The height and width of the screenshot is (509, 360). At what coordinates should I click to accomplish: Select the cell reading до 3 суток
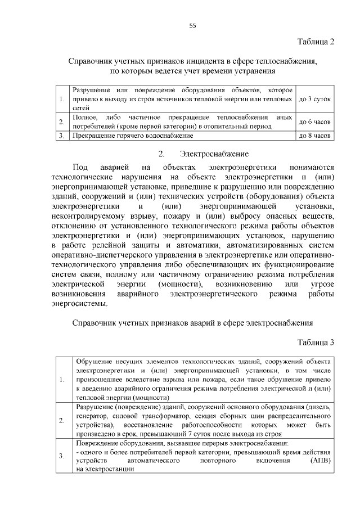[314, 99]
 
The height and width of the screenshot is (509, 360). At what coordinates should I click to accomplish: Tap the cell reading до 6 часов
[314, 121]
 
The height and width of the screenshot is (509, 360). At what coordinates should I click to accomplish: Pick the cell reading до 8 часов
[314, 136]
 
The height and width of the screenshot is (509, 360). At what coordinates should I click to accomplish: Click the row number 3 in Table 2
[61, 136]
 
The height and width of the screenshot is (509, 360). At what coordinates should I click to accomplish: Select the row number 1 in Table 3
[61, 380]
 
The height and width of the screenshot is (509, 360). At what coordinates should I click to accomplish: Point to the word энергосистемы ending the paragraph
[78, 304]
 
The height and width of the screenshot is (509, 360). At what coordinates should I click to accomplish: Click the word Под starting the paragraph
[80, 167]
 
